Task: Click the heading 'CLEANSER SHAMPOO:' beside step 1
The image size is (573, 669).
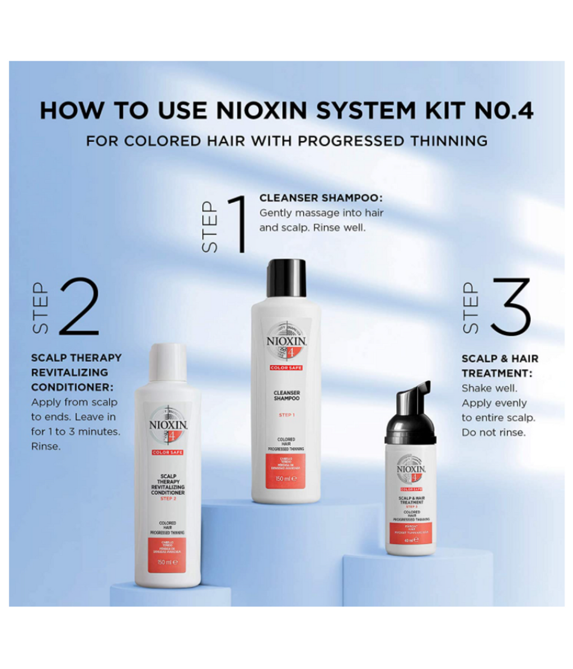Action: tap(321, 198)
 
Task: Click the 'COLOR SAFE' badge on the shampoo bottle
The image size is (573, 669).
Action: tap(286, 368)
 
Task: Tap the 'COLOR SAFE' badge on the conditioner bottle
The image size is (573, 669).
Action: tap(167, 452)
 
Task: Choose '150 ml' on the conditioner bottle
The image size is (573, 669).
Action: tap(167, 562)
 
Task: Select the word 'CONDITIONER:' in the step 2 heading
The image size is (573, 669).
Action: tap(72, 387)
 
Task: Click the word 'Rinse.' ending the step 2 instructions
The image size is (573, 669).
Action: tap(46, 446)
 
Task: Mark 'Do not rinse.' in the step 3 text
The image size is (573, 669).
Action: tap(493, 432)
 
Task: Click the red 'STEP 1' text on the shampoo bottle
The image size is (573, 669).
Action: tap(286, 415)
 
